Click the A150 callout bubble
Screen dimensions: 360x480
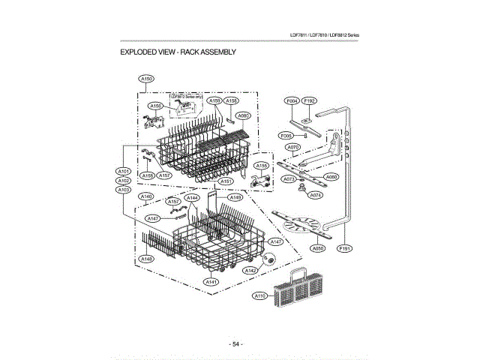[146, 78]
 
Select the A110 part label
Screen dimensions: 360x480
[260, 296]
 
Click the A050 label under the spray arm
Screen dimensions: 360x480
[317, 247]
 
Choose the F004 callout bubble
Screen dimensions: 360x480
[292, 100]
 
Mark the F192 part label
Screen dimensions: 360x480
[310, 100]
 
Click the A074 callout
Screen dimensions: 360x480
[316, 195]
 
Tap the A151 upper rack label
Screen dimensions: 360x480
[225, 182]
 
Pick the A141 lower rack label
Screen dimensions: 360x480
[211, 281]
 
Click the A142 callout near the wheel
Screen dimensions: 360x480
[251, 269]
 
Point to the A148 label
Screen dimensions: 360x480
[146, 258]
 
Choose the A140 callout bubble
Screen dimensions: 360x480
[147, 196]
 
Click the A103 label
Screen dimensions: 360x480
[124, 190]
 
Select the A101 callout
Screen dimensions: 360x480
[124, 171]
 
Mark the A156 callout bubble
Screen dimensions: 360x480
[156, 106]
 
